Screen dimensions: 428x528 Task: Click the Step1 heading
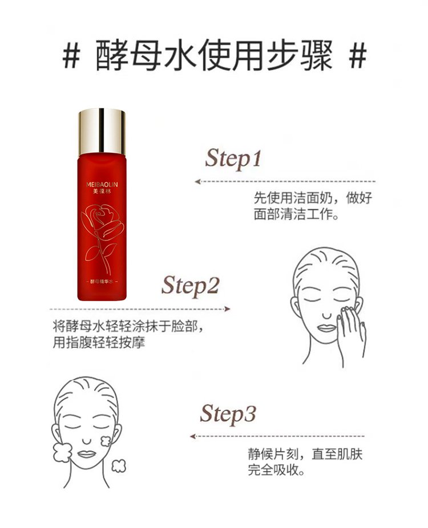click(x=233, y=159)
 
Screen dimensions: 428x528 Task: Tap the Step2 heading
click(x=191, y=286)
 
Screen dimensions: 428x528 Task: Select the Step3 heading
click(x=228, y=414)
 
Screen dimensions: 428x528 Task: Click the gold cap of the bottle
click(x=102, y=132)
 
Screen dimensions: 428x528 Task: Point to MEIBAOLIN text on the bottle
click(x=102, y=185)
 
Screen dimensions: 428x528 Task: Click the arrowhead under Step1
click(x=198, y=182)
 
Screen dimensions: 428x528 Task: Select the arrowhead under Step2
click(x=227, y=309)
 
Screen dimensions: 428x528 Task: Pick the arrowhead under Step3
click(x=193, y=437)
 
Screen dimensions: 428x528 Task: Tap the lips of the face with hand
click(x=326, y=328)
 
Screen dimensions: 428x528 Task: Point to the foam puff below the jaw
click(x=118, y=466)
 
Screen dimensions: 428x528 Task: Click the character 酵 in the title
click(x=112, y=56)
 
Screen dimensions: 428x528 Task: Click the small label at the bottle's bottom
click(x=102, y=282)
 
